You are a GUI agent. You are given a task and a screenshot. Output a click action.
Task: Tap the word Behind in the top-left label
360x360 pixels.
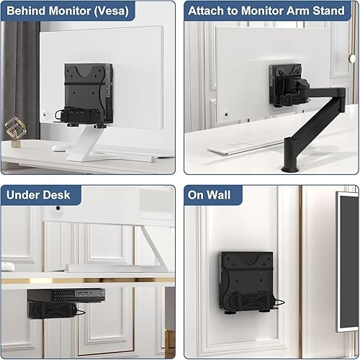30,10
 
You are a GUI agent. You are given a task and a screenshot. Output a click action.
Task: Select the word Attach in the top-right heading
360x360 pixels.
208,10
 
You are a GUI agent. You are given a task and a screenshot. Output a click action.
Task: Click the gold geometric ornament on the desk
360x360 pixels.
14,132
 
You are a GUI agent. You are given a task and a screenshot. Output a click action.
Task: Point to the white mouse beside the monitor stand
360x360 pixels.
59,148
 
